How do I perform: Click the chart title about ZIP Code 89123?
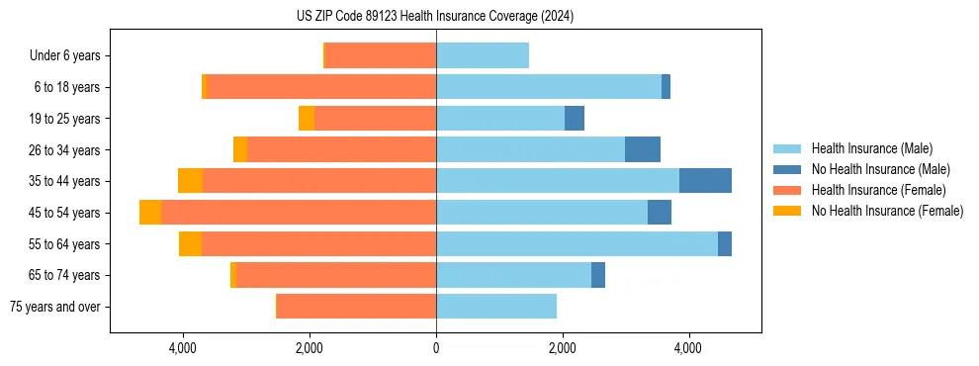click(435, 17)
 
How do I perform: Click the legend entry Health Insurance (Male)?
click(871, 148)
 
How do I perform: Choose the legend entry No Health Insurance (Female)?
click(887, 211)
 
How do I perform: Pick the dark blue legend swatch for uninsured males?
click(787, 169)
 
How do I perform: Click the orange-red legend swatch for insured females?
click(787, 190)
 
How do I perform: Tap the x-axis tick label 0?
click(436, 348)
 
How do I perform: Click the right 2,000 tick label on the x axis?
click(562, 348)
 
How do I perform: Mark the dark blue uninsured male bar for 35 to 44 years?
click(705, 181)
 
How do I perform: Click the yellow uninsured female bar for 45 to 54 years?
click(150, 213)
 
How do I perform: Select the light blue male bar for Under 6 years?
click(483, 55)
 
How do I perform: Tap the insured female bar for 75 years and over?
click(356, 307)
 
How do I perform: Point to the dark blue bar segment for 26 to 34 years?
click(643, 149)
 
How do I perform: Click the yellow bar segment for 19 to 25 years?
click(307, 119)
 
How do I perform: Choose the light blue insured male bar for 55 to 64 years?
click(577, 243)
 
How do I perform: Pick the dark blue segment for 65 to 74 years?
click(598, 275)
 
